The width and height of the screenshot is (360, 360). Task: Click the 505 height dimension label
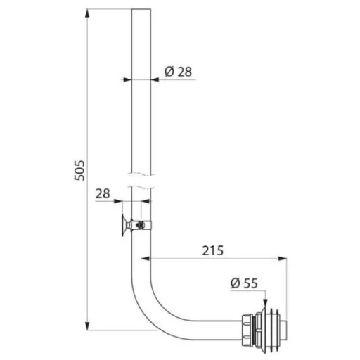click(79, 170)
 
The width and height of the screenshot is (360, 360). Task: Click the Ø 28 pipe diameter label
click(178, 72)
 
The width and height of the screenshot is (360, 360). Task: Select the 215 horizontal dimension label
click(213, 250)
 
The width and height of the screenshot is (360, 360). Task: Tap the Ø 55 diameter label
click(244, 283)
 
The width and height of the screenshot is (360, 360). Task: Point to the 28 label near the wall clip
click(103, 194)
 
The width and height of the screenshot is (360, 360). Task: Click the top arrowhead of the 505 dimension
click(87, 13)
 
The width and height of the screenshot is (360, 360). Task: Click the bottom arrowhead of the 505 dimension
click(87, 326)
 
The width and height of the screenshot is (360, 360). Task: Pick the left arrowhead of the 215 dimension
click(146, 259)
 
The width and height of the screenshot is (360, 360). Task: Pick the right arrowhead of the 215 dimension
click(283, 259)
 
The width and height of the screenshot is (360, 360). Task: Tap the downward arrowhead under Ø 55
click(265, 302)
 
